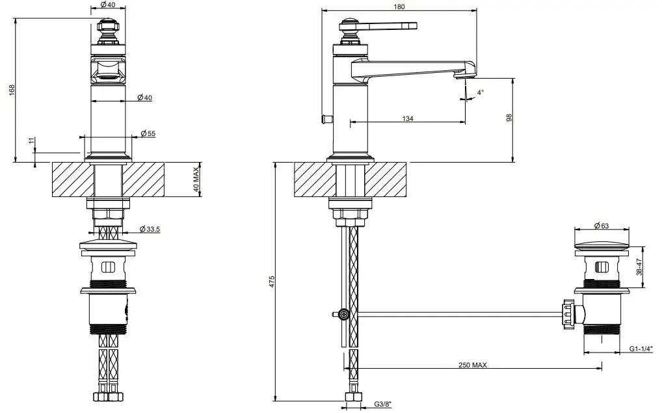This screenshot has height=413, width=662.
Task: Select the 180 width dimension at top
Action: [399, 7]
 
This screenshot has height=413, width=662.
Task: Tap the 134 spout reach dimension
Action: [408, 118]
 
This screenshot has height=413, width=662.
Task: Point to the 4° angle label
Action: [480, 93]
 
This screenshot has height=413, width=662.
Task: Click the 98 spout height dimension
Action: [510, 118]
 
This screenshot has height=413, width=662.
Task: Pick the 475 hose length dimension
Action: [272, 281]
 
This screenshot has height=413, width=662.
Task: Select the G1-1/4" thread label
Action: [641, 349]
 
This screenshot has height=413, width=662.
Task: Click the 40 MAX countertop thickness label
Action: [195, 178]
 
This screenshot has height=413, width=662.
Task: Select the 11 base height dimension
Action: [31, 142]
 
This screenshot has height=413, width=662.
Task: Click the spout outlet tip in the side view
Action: [462, 75]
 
